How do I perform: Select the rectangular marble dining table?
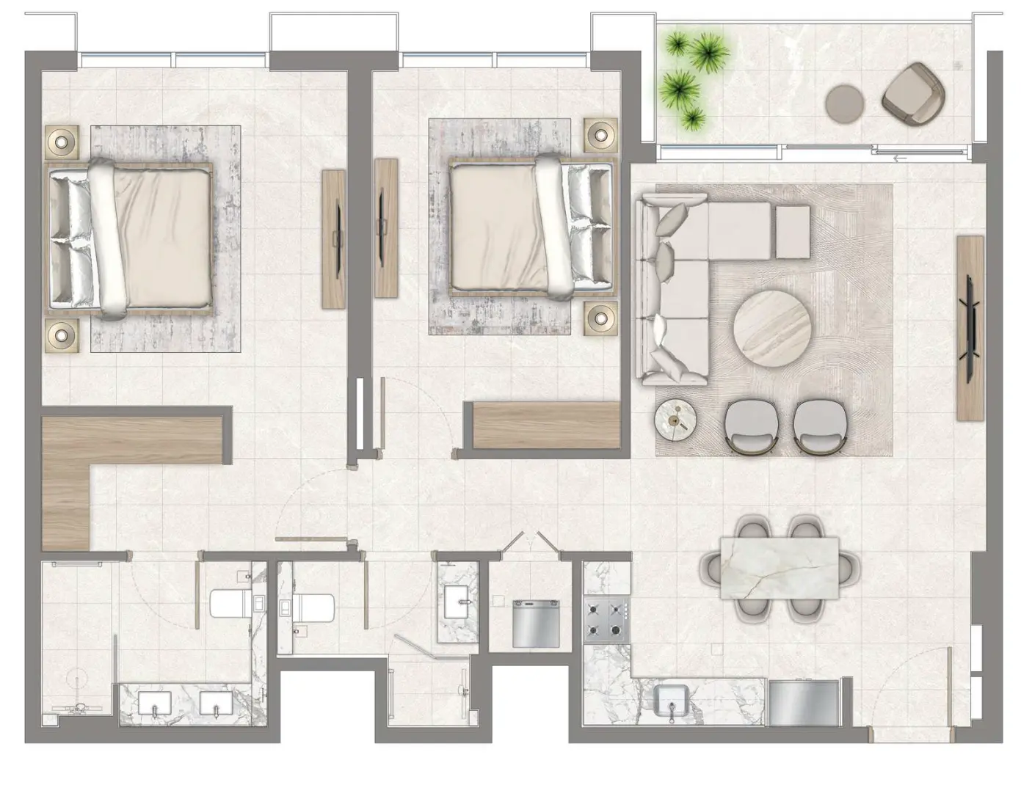pos(779,567)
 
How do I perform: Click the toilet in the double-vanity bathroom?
pos(233,604)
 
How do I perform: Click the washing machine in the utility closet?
pos(536,624)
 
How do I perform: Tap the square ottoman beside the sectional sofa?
pos(793,231)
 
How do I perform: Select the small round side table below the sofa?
pos(675,420)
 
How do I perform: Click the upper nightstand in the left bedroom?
pos(62,141)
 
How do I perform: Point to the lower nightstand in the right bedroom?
pos(600,318)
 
